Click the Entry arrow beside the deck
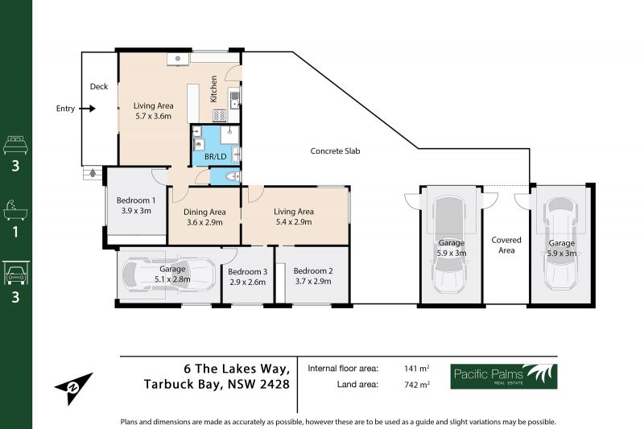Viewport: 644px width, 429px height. coord(87,109)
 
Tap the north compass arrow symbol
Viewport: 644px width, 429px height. coord(73,387)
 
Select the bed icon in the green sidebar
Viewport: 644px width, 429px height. coord(15,145)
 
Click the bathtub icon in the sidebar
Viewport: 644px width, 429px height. coord(15,211)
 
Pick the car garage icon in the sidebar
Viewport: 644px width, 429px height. coord(15,273)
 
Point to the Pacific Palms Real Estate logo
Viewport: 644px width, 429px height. coord(504,377)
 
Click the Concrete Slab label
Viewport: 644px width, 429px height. coord(335,151)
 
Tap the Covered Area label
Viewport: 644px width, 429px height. coord(506,245)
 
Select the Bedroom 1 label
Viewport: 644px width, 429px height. coord(136,200)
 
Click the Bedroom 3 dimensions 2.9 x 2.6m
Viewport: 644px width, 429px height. coord(247,282)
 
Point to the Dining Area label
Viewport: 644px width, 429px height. coord(204,212)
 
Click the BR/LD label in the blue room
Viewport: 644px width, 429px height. coord(216,156)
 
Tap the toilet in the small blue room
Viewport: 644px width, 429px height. coord(233,176)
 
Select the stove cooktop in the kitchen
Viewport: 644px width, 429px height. coord(219,115)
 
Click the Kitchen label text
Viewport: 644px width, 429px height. coord(213,89)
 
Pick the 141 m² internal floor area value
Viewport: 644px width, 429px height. coord(417,369)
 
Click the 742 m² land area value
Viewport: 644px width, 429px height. coord(417,385)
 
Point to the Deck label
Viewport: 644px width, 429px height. coord(99,87)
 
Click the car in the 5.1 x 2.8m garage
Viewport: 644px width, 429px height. coord(169,275)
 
